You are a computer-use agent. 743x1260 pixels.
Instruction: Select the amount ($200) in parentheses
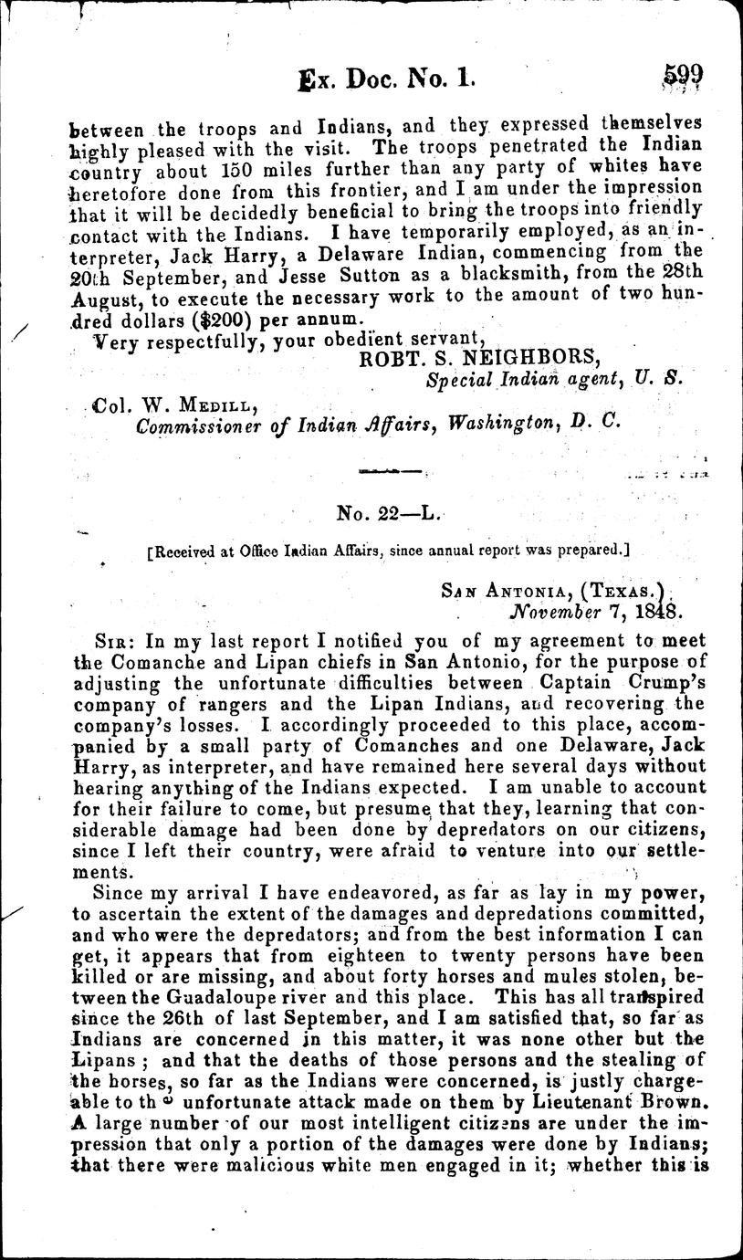pos(222,320)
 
